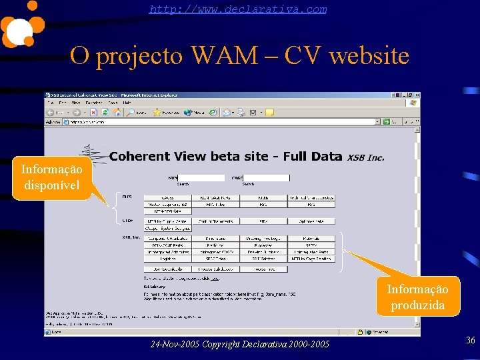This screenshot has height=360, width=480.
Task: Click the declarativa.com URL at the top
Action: pos(238,9)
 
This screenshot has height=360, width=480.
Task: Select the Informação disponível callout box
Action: pos(52,177)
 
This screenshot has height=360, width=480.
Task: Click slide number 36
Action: pos(470,341)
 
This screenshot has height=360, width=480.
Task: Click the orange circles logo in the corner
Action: pos(21,24)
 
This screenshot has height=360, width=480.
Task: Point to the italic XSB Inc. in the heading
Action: pos(365,157)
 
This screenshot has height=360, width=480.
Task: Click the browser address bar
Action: pos(220,122)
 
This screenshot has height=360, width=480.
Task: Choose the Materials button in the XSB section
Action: pos(311,238)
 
